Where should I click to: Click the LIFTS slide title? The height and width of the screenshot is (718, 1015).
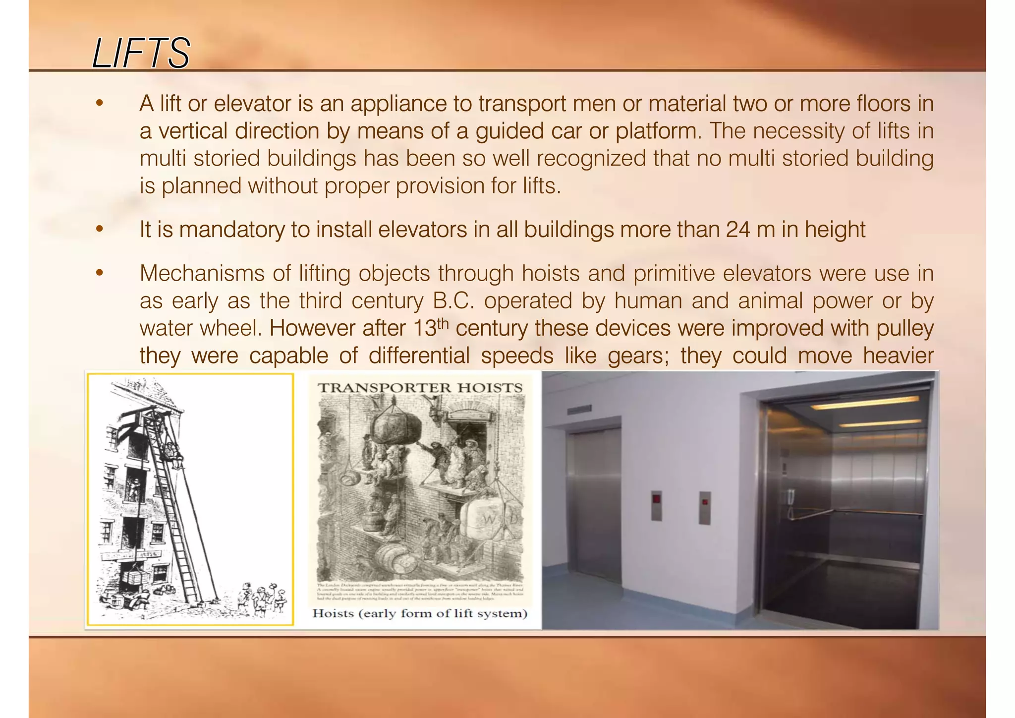pos(141,53)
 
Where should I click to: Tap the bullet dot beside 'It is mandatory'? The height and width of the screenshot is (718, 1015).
pos(100,230)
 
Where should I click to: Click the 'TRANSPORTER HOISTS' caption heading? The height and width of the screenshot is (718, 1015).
pos(420,388)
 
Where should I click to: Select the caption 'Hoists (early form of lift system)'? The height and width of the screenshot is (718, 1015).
pos(420,613)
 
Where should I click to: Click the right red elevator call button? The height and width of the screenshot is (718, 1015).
pos(705,507)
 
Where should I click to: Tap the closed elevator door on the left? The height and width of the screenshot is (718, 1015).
pos(594,506)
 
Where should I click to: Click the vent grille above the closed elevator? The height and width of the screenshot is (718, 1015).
pos(579,410)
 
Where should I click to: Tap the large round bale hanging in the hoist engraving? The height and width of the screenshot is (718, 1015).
pos(397,427)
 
